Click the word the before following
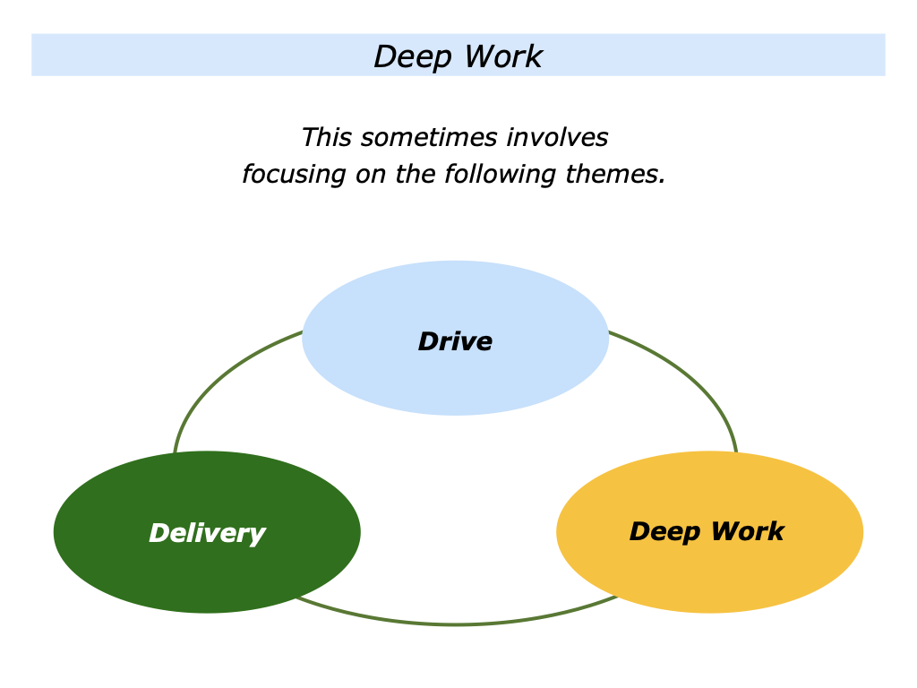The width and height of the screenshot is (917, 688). (x=416, y=174)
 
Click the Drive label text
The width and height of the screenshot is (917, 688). (x=455, y=341)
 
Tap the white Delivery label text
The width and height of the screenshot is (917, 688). (x=207, y=533)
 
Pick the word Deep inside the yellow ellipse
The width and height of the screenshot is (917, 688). (x=664, y=531)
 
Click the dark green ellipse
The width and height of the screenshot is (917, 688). (x=207, y=573)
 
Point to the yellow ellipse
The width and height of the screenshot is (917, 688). (x=709, y=573)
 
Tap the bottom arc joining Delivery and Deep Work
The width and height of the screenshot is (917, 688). (x=455, y=623)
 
